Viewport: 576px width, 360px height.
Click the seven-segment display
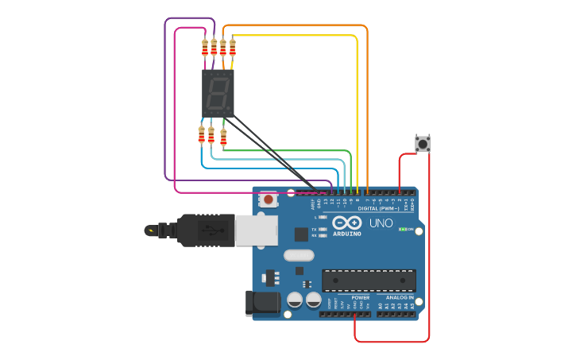point(218,93)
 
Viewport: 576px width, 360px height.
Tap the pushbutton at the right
point(423,144)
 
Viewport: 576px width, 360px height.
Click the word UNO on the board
point(381,223)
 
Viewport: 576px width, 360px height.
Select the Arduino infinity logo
point(346,223)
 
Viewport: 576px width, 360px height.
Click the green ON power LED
point(402,229)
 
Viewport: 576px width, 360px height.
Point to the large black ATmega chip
point(369,280)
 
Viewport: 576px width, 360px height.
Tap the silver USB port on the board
point(255,230)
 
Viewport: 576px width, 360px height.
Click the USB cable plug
point(206,230)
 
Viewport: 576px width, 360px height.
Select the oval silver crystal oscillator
point(299,256)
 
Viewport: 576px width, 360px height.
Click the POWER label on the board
point(361,298)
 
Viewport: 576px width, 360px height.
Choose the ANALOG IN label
point(400,298)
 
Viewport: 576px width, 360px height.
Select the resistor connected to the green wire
point(223,137)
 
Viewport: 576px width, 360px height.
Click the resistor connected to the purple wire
point(205,48)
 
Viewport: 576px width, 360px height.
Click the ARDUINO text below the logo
point(346,234)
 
